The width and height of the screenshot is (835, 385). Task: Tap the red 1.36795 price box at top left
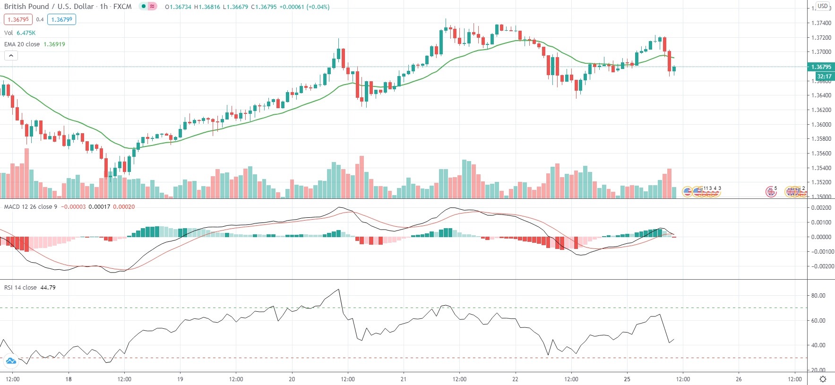[18, 19]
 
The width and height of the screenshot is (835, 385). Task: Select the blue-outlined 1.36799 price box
[61, 19]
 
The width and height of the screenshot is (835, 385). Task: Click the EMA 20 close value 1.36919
[54, 44]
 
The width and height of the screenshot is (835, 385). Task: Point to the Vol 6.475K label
[20, 33]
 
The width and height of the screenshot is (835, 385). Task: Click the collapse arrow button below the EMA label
[11, 55]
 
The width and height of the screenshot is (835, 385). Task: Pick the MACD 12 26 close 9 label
[31, 206]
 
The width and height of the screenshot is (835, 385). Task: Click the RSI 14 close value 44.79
[48, 287]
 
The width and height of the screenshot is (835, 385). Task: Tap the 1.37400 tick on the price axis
[821, 23]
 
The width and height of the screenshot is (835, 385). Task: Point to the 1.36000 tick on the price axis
[821, 125]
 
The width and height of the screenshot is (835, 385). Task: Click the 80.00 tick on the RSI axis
[818, 296]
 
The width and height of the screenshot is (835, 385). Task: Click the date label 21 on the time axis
[404, 379]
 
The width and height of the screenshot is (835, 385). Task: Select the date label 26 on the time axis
[739, 379]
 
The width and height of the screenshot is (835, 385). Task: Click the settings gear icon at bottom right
[823, 379]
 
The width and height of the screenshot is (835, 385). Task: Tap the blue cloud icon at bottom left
[10, 361]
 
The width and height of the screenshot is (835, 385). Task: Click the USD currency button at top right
[823, 6]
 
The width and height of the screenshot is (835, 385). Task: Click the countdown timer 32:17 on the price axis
[824, 76]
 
